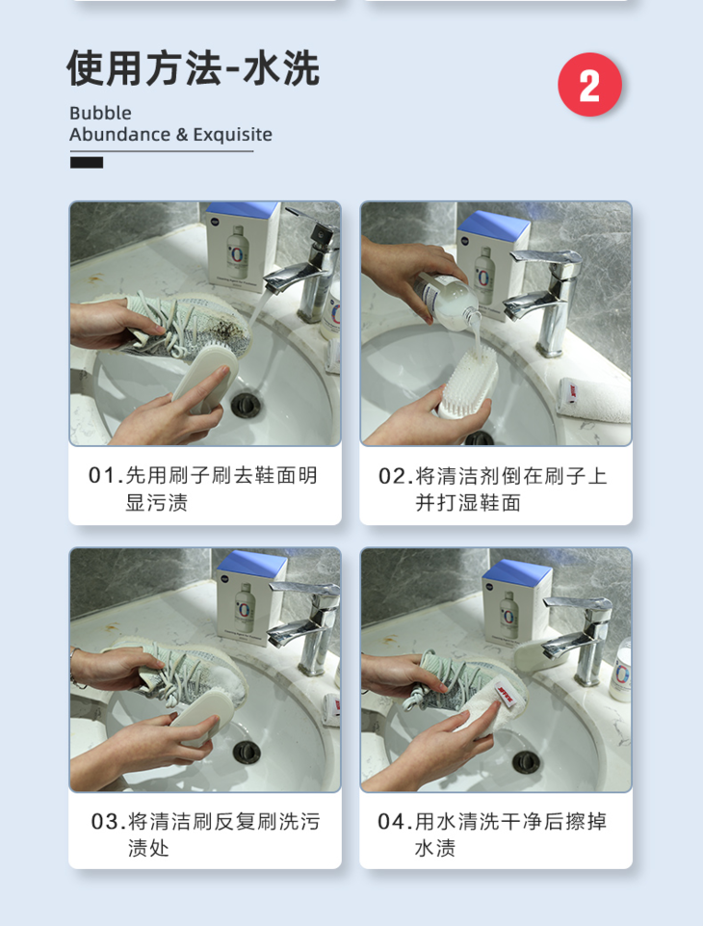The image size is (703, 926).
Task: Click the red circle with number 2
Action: pyautogui.click(x=589, y=85)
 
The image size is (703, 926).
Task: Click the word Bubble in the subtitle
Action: pyautogui.click(x=100, y=113)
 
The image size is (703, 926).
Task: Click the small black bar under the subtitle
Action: pyautogui.click(x=87, y=163)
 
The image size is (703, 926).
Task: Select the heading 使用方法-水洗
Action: pyautogui.click(x=193, y=67)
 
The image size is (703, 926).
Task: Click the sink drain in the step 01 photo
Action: pyautogui.click(x=246, y=405)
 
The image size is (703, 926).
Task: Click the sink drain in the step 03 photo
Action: pyautogui.click(x=247, y=752)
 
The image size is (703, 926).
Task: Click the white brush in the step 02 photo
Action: pyautogui.click(x=467, y=383)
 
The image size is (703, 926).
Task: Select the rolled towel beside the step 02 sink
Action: pyautogui.click(x=595, y=400)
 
